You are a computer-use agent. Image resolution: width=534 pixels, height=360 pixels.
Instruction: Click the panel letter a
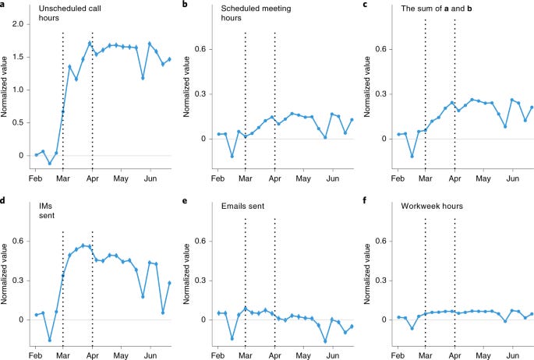click(x=3, y=5)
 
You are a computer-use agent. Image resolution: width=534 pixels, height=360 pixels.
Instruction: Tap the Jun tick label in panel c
click(x=513, y=178)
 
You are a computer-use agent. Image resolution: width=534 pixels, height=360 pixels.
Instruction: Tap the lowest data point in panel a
click(x=49, y=164)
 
